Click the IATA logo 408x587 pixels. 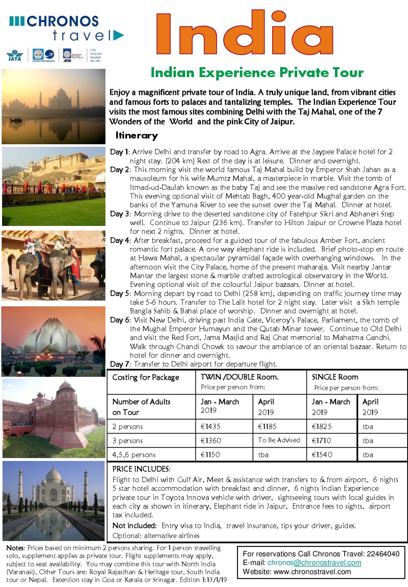click(x=15, y=56)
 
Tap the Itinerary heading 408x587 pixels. click(x=137, y=136)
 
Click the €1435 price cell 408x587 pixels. click(x=211, y=426)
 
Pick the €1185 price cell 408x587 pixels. click(x=267, y=426)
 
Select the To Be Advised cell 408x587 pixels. click(x=279, y=440)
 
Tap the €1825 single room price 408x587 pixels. click(x=322, y=426)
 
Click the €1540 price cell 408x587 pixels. click(x=322, y=454)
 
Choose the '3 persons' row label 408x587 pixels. click(x=127, y=440)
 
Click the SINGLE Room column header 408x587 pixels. click(x=335, y=377)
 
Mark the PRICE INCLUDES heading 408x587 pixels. click(x=141, y=469)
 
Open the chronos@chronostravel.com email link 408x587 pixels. click(x=314, y=563)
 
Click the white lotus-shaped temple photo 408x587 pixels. click(x=54, y=341)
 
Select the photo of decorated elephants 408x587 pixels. click(x=54, y=266)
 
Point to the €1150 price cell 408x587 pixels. click(x=210, y=454)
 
